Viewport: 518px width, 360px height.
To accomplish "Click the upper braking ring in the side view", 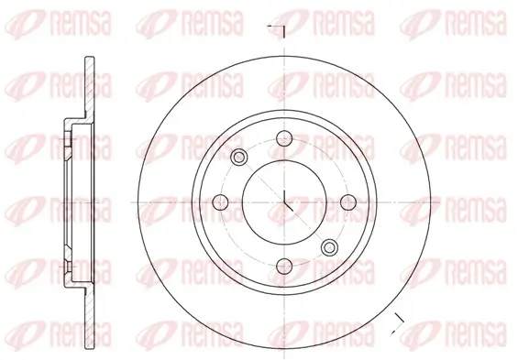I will [84, 88].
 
